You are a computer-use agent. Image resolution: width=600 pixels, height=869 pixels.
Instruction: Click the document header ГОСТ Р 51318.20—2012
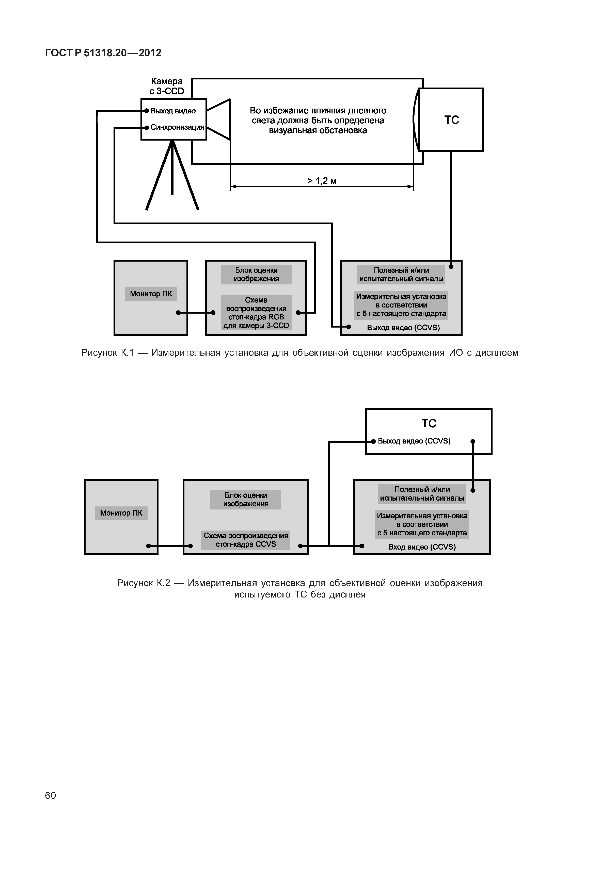click(103, 53)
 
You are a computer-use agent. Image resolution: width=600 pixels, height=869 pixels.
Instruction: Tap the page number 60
click(50, 795)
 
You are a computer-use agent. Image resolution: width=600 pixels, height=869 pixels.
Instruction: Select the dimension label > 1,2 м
click(322, 181)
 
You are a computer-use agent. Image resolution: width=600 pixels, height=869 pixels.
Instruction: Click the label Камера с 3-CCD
click(167, 86)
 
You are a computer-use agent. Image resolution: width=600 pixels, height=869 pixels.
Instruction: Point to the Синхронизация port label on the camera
click(177, 127)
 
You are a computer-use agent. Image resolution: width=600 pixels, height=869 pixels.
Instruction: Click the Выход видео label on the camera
click(173, 111)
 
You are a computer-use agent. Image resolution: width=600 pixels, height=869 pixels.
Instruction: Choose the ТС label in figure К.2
click(429, 424)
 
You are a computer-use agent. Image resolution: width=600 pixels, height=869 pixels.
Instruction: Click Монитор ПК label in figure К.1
click(151, 294)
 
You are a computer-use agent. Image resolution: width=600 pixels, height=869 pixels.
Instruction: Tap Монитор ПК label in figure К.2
click(121, 513)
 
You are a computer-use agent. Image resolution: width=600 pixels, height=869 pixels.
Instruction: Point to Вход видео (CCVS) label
click(422, 547)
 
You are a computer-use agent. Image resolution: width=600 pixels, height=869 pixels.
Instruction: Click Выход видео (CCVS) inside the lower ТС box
click(414, 441)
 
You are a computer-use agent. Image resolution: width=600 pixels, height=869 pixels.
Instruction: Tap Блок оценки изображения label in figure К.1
click(256, 275)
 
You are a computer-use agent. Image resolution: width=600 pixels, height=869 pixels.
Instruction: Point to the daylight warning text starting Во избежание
click(318, 121)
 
